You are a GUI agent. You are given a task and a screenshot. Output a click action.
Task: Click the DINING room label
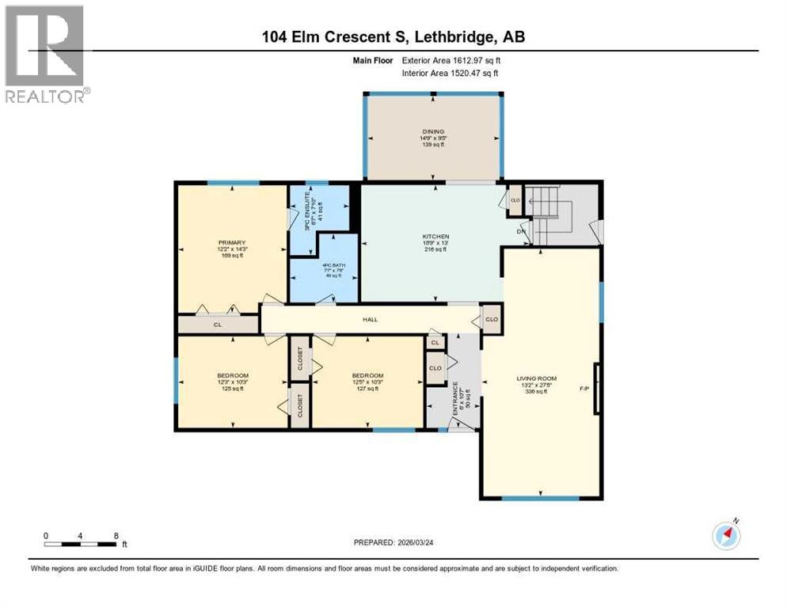click(x=432, y=131)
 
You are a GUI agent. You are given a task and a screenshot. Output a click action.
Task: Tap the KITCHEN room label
click(x=435, y=237)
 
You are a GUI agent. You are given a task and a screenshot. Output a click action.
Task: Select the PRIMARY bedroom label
click(x=232, y=243)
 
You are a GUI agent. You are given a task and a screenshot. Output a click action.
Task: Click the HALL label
click(x=371, y=320)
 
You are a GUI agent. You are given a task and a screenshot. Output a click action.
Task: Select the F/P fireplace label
click(x=584, y=389)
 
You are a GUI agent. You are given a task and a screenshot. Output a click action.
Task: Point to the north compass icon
click(x=726, y=536)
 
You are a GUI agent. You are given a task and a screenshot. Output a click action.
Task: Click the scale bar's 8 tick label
click(x=116, y=536)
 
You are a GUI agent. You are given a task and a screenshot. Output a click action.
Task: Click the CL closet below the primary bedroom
click(x=217, y=325)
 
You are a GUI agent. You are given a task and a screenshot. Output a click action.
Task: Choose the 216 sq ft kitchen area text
click(x=435, y=249)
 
